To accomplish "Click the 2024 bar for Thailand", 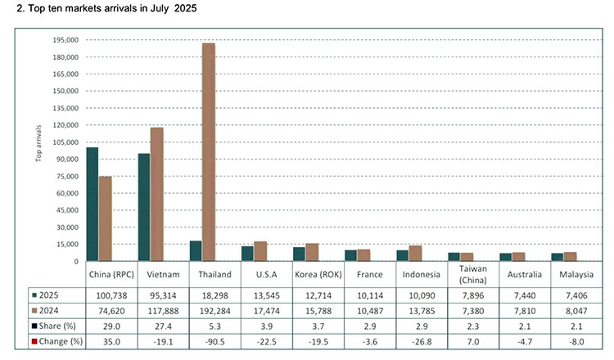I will click(208, 151).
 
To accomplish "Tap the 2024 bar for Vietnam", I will click(156, 194).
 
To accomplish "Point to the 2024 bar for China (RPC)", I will click(105, 218).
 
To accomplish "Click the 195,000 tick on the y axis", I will click(63, 40).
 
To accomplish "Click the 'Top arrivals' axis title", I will click(38, 142).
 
